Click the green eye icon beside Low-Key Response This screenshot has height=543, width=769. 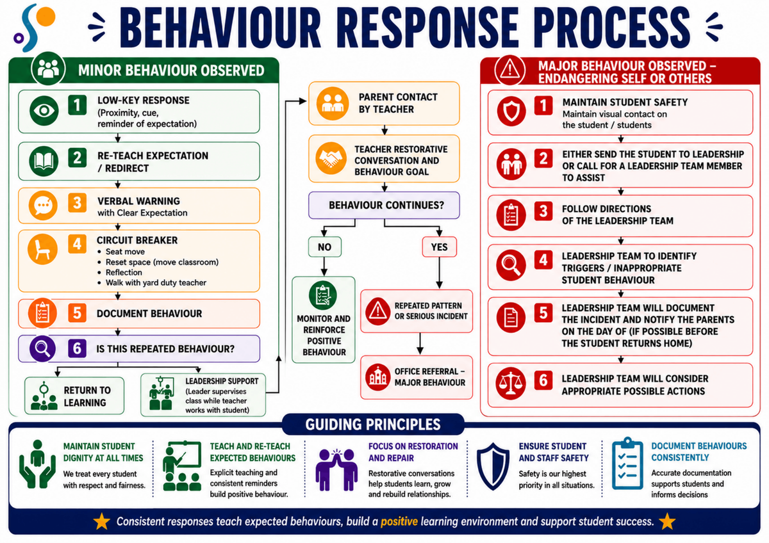pos(44,110)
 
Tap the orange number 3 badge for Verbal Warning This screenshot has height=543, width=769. pos(77,203)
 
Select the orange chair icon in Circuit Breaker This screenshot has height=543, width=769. pos(42,249)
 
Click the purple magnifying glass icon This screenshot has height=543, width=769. pos(42,348)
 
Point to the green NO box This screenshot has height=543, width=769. pos(324,247)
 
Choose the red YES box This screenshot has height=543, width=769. pos(439,247)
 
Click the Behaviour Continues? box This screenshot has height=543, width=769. pos(384,205)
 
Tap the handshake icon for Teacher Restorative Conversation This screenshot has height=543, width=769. pos(331,158)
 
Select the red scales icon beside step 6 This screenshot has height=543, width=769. pos(511,385)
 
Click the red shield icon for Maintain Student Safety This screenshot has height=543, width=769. pos(511,111)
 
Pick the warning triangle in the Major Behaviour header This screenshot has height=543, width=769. pos(510,70)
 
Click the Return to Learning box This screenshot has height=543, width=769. pos(74,396)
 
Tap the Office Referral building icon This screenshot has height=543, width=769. pos(377,377)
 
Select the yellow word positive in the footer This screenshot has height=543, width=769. pos(399,522)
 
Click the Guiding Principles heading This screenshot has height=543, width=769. pos(373,425)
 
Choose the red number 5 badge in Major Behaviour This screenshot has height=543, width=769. pos(543,313)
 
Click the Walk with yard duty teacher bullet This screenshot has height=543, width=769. pos(152,282)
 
